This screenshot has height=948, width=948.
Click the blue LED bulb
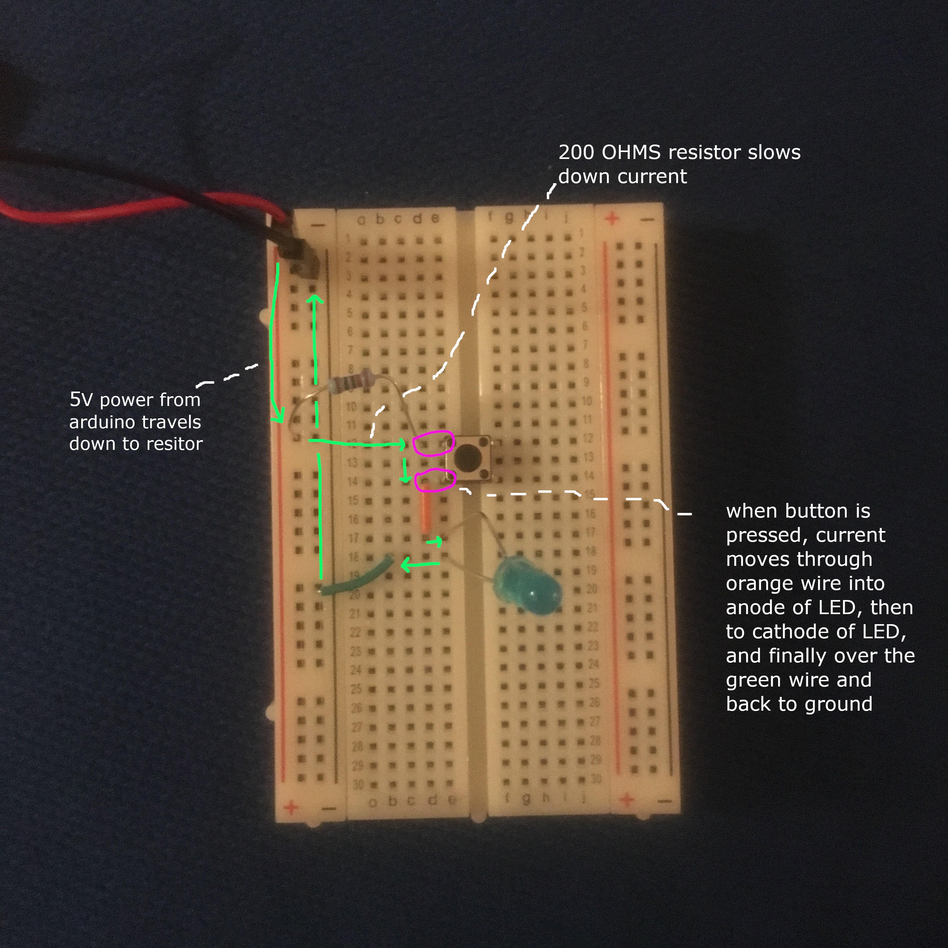click(528, 589)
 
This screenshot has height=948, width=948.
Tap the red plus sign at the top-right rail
click(611, 219)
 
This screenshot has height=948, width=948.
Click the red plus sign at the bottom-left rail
click(292, 807)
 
